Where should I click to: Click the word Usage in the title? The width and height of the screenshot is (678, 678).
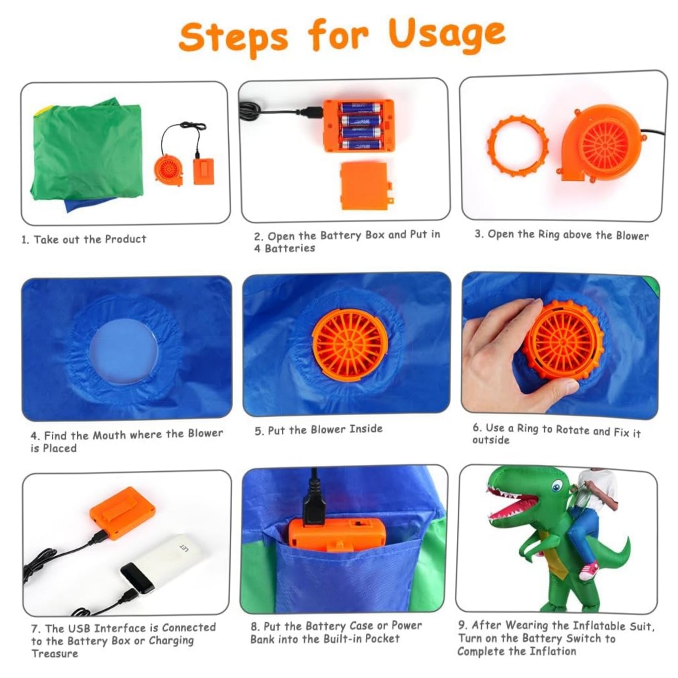[447, 34]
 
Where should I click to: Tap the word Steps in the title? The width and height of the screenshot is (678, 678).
[233, 37]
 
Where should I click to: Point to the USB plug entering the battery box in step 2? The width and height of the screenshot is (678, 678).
[312, 112]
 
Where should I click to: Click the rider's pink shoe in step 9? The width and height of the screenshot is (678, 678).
[589, 570]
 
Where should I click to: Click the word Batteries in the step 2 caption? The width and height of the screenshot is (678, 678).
[290, 248]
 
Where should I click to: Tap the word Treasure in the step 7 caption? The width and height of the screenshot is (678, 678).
[55, 653]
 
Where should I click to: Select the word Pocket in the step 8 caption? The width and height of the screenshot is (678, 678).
[380, 638]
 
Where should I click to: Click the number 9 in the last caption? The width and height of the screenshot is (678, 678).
[462, 625]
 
